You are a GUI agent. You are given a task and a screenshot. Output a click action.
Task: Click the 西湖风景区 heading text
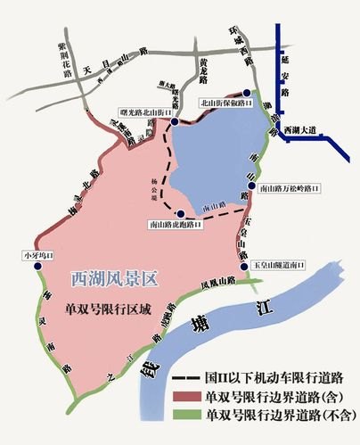click(x=113, y=278)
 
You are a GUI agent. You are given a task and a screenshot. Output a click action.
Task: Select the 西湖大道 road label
click(x=299, y=131)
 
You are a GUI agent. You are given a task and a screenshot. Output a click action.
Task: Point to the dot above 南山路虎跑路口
click(x=181, y=214)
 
